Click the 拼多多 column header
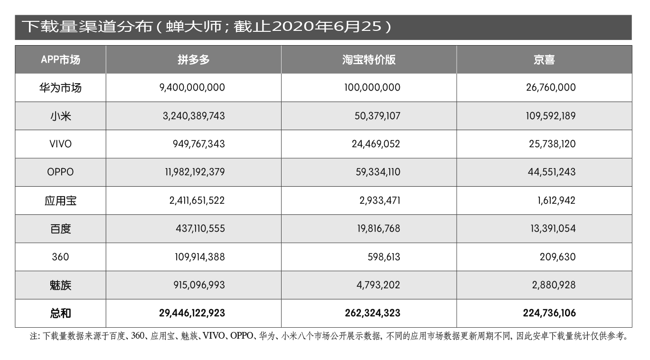point(193,60)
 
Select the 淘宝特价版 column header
point(368,60)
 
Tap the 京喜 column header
point(544,60)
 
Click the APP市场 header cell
point(60,60)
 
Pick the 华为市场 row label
point(60,88)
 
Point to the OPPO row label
point(60,172)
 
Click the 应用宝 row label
point(60,200)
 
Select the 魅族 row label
point(60,285)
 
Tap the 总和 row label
point(60,313)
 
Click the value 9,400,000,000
point(192,88)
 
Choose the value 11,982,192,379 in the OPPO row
point(195,172)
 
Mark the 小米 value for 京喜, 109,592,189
point(551,116)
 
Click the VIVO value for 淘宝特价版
point(376,144)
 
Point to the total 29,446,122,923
point(192,313)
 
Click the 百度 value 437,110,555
point(200,228)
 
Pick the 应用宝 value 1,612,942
point(556,200)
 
